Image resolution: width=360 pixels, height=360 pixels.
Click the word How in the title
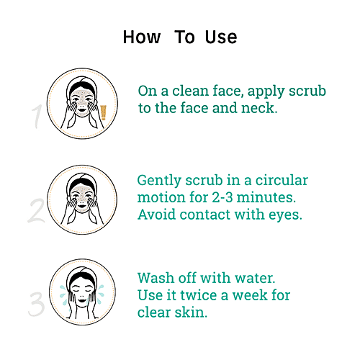point(142,37)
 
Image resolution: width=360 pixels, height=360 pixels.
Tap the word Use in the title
point(221,37)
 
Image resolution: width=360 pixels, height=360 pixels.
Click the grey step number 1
point(37,116)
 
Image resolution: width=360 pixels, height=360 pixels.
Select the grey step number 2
point(37,210)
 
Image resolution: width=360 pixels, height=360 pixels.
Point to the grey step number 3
point(37,305)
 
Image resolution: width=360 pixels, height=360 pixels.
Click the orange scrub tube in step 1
point(104,112)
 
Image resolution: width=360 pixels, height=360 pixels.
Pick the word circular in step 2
point(282,180)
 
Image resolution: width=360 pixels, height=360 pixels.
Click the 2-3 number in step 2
point(222,197)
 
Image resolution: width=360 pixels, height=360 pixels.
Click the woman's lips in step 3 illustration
point(82,300)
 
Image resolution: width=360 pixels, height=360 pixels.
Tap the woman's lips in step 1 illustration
point(82,110)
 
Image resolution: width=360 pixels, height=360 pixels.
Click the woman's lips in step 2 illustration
point(82,206)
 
